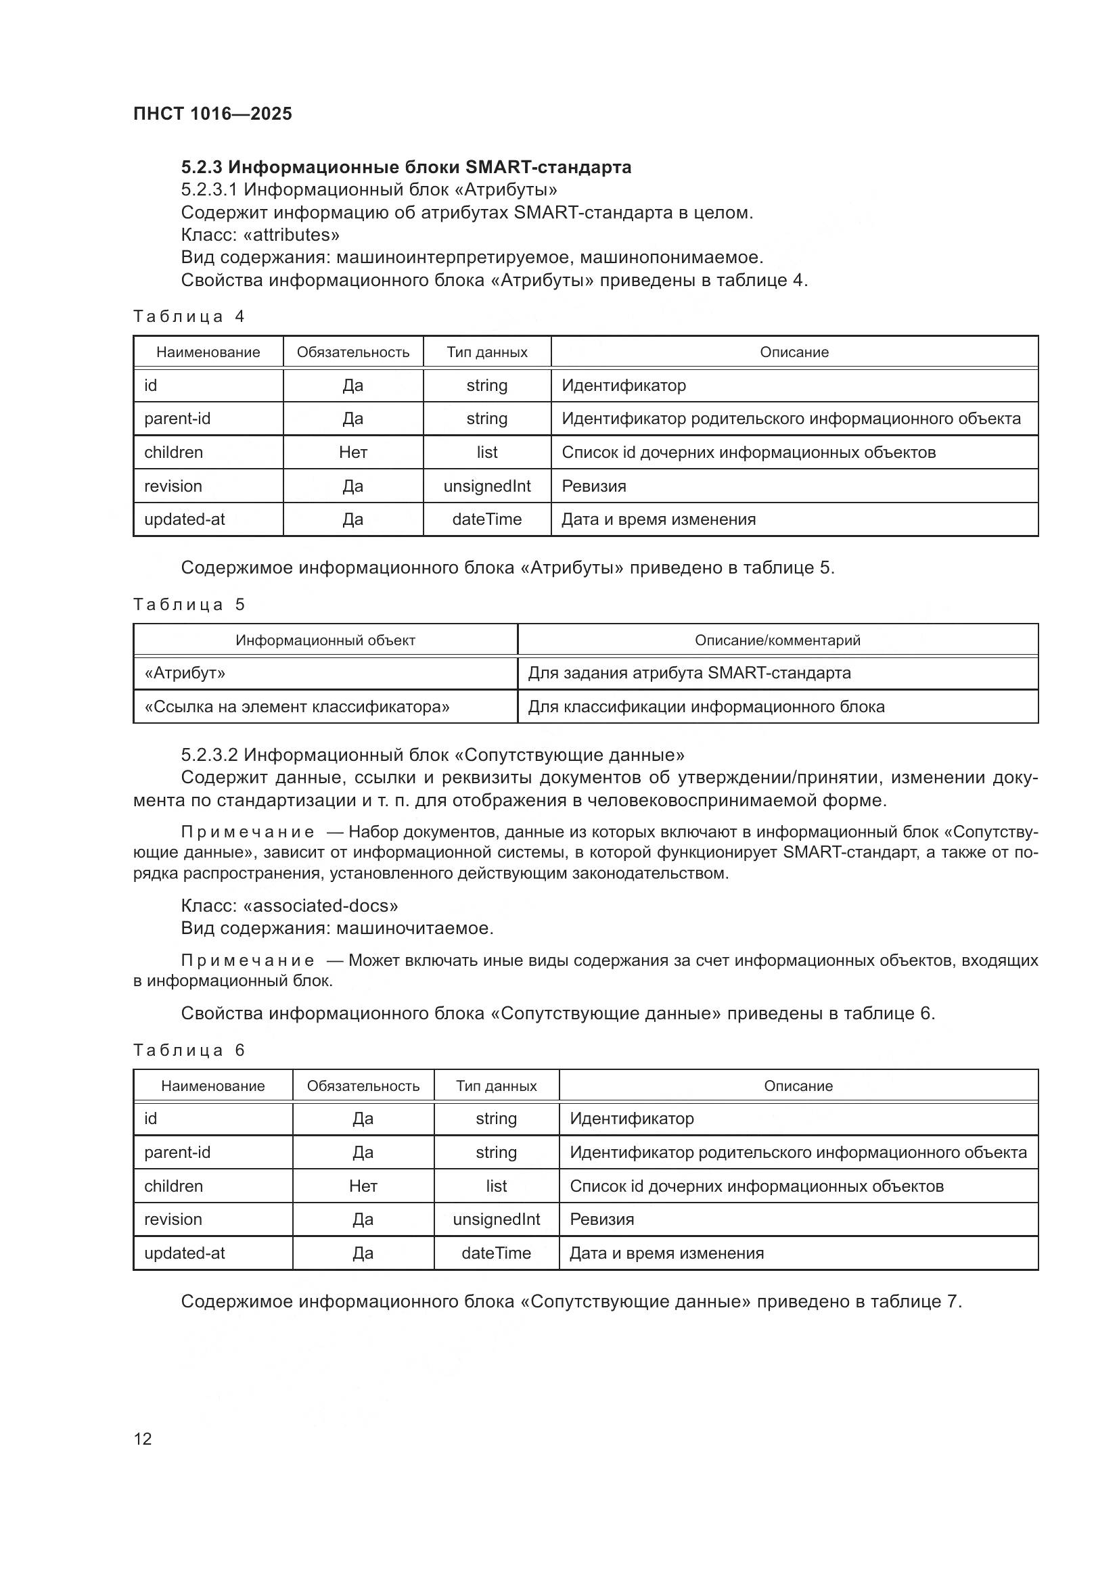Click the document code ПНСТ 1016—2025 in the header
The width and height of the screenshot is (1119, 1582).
[x=212, y=114]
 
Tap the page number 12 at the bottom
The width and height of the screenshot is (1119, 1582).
[x=143, y=1439]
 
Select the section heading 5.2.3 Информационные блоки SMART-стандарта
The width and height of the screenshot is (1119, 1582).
[x=406, y=168]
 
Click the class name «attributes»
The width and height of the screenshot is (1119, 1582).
[x=292, y=235]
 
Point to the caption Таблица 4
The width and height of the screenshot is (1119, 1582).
[x=189, y=317]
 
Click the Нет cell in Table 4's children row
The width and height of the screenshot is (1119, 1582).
[x=352, y=452]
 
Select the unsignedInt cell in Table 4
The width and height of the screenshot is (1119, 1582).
[x=486, y=486]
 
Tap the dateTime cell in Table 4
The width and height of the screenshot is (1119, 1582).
[x=486, y=519]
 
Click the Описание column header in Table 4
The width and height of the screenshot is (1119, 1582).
[x=794, y=352]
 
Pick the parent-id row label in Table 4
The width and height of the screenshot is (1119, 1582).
[x=177, y=418]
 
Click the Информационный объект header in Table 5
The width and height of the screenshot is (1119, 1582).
[x=325, y=640]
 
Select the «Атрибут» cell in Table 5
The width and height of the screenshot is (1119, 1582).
[x=185, y=672]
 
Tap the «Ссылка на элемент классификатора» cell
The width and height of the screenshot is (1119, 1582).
[x=297, y=706]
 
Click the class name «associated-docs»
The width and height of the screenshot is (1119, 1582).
[x=321, y=906]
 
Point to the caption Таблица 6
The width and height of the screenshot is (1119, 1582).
[x=189, y=1050]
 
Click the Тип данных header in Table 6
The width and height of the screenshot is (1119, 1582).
[x=496, y=1086]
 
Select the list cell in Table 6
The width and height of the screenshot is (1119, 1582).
[x=496, y=1186]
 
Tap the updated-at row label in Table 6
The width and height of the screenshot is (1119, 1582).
[x=184, y=1253]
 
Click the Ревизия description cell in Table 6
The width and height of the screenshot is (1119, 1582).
[x=601, y=1219]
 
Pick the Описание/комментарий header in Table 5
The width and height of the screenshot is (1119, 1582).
[x=777, y=640]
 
